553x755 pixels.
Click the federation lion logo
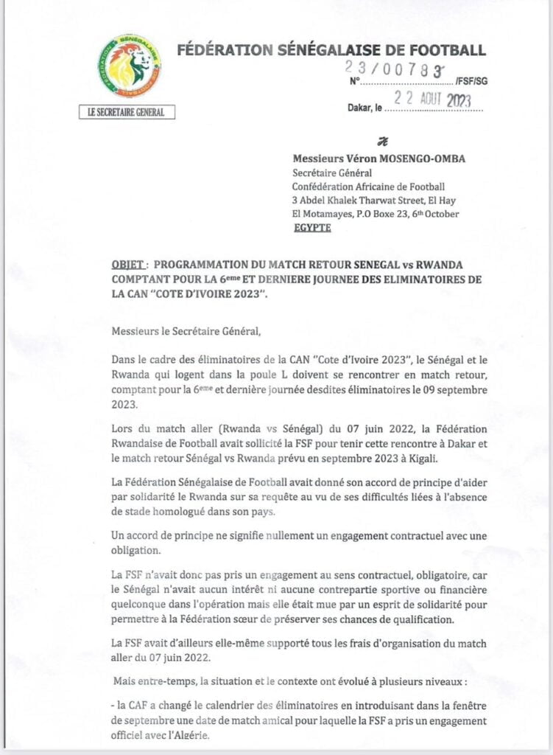[x=130, y=66]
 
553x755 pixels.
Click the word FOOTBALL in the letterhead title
[x=449, y=50]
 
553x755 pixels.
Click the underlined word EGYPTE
[x=311, y=228]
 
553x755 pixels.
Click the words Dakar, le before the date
[x=364, y=107]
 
